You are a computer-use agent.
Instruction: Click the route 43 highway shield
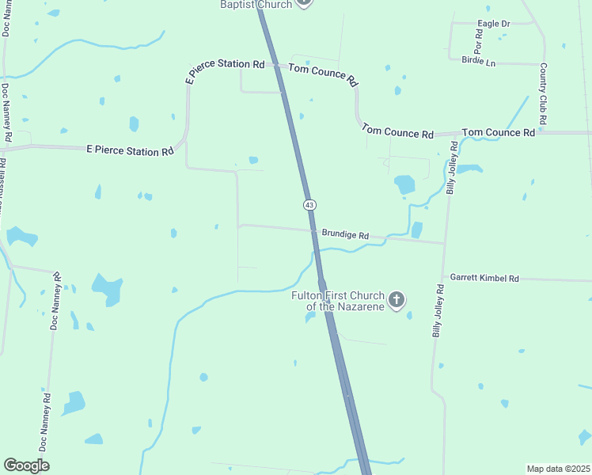(309, 204)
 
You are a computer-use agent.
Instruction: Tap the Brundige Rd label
(345, 235)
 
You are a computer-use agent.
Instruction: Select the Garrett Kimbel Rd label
(484, 278)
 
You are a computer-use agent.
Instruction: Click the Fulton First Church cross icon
(397, 300)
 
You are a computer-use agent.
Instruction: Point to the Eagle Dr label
(493, 24)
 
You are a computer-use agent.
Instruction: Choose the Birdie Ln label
(478, 60)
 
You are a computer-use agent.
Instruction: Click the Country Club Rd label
(543, 93)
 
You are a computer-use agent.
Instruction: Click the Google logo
(26, 465)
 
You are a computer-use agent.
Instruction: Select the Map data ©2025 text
(558, 469)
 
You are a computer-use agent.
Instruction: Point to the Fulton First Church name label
(338, 301)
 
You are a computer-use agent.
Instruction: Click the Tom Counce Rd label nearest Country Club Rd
(499, 132)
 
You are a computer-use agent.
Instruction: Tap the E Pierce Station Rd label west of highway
(130, 150)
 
